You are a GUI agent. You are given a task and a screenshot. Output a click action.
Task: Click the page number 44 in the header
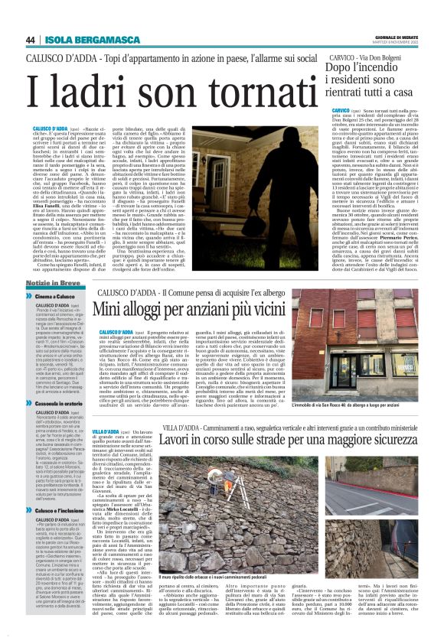click(31, 40)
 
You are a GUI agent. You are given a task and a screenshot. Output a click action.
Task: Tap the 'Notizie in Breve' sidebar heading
click(51, 283)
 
